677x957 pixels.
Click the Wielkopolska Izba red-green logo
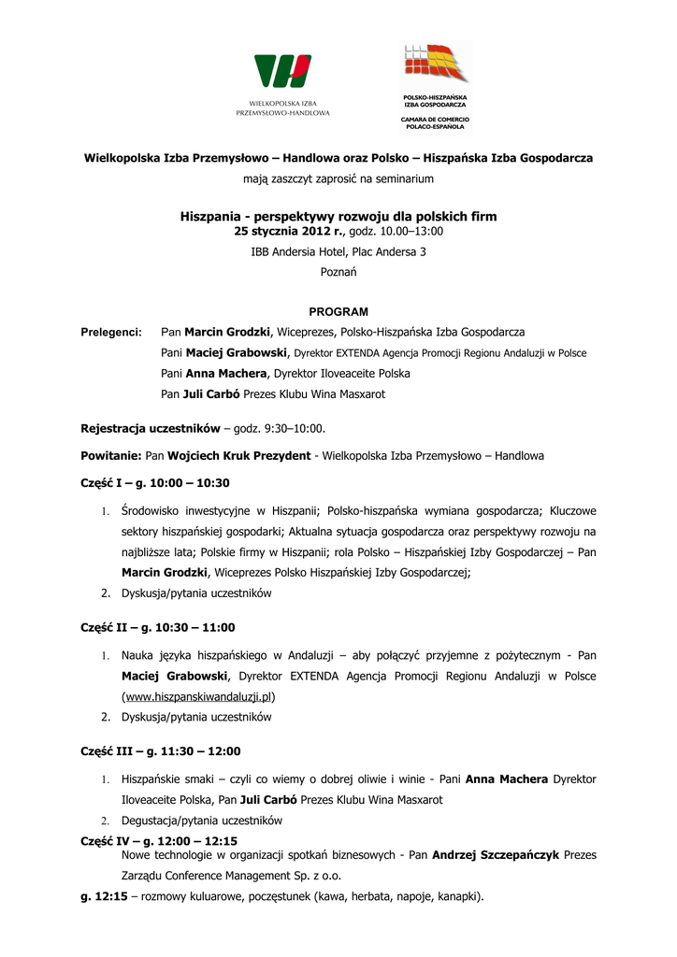[x=282, y=71]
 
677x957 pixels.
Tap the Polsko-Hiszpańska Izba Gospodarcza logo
[x=435, y=64]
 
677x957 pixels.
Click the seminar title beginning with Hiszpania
[x=338, y=216]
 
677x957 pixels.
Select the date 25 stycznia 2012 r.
[x=289, y=231]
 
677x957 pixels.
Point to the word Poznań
[x=338, y=272]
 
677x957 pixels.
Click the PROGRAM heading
[x=338, y=311]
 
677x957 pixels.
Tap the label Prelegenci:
[x=111, y=332]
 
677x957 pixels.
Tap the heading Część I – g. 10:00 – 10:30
[x=155, y=483]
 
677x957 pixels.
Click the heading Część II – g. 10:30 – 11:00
[x=158, y=627]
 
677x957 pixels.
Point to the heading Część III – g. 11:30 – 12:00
[x=161, y=750]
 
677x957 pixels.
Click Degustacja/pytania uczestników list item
[x=202, y=821]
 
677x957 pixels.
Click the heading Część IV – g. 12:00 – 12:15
[x=159, y=841]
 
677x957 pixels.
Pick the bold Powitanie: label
[x=111, y=456]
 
